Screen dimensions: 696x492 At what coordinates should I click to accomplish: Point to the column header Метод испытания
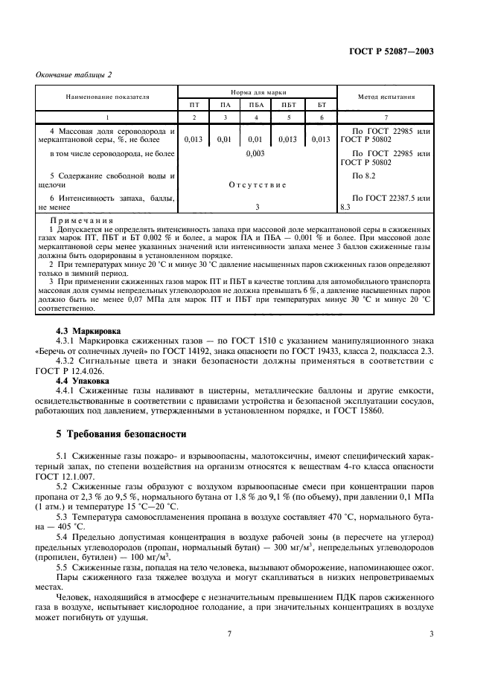pyautogui.click(x=386, y=96)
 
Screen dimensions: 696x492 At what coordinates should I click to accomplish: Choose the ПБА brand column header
pyautogui.click(x=257, y=105)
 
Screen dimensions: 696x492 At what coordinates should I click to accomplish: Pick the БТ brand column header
pyautogui.click(x=322, y=105)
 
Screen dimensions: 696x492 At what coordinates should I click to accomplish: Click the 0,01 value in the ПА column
pyautogui.click(x=224, y=138)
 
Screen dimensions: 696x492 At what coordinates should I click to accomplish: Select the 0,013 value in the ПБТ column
pyautogui.click(x=289, y=138)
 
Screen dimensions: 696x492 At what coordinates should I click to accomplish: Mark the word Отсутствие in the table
pyautogui.click(x=256, y=184)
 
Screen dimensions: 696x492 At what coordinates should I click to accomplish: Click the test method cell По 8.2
pyautogui.click(x=362, y=175)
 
